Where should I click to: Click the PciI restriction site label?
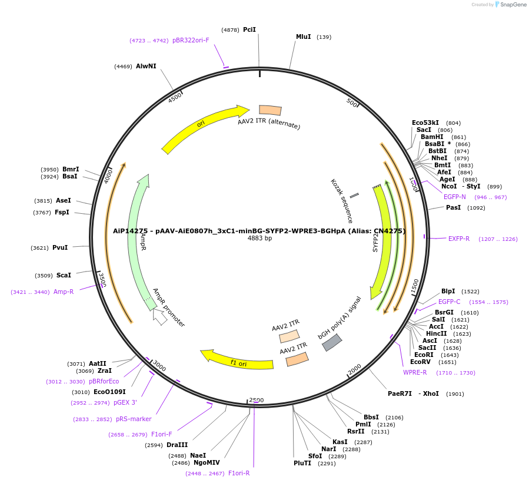(249, 29)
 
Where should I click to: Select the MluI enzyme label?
(303, 37)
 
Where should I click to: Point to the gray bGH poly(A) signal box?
(332, 342)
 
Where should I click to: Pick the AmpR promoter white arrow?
(159, 316)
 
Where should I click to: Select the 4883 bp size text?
(259, 239)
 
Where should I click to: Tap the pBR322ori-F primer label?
(191, 40)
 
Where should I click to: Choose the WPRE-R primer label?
(415, 372)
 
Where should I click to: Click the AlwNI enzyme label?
(146, 66)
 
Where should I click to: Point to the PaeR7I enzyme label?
(400, 393)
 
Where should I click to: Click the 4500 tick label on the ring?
(175, 97)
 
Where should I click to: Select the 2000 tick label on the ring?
(354, 369)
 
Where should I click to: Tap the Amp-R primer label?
(64, 292)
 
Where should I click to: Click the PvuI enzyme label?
(60, 248)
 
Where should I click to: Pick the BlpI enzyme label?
(448, 291)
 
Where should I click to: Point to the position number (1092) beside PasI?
(476, 208)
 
